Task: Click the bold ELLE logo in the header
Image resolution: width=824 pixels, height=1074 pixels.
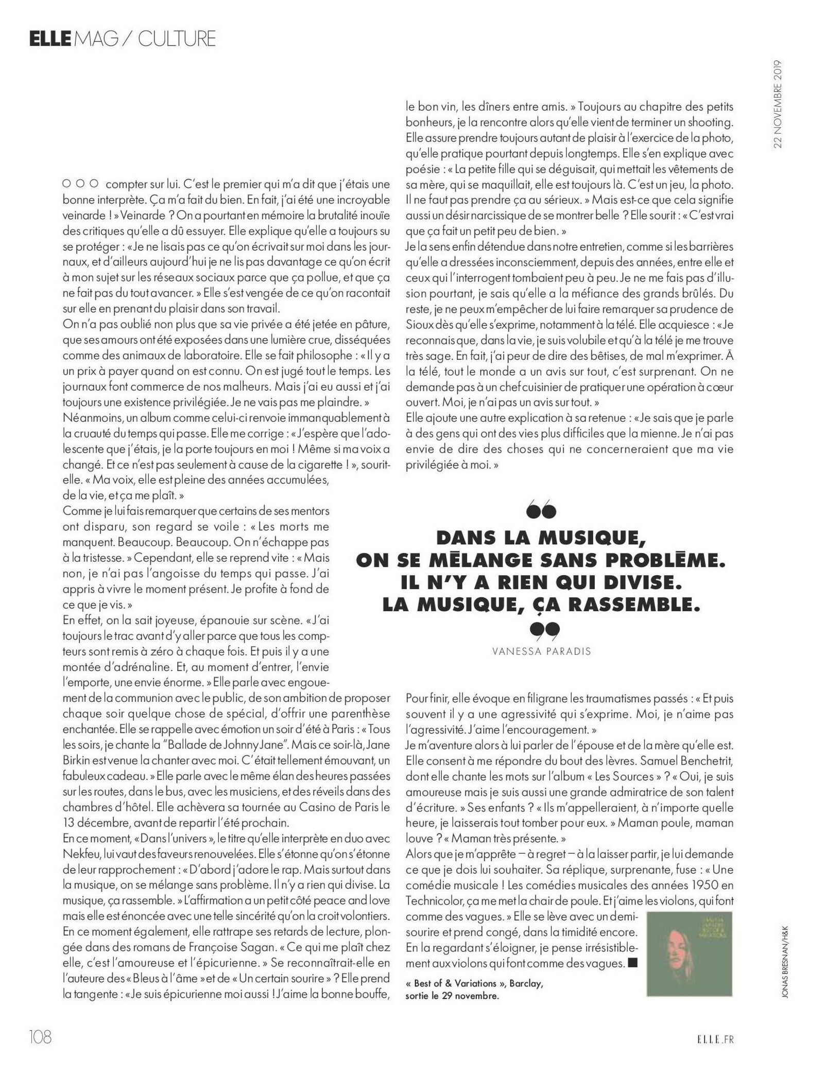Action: point(49,39)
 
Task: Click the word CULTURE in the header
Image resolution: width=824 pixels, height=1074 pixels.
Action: point(177,39)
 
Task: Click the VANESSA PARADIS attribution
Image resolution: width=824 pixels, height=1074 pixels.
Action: point(541,651)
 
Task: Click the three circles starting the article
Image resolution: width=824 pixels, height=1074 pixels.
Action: point(80,183)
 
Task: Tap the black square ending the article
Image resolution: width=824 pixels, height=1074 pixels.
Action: point(633,962)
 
